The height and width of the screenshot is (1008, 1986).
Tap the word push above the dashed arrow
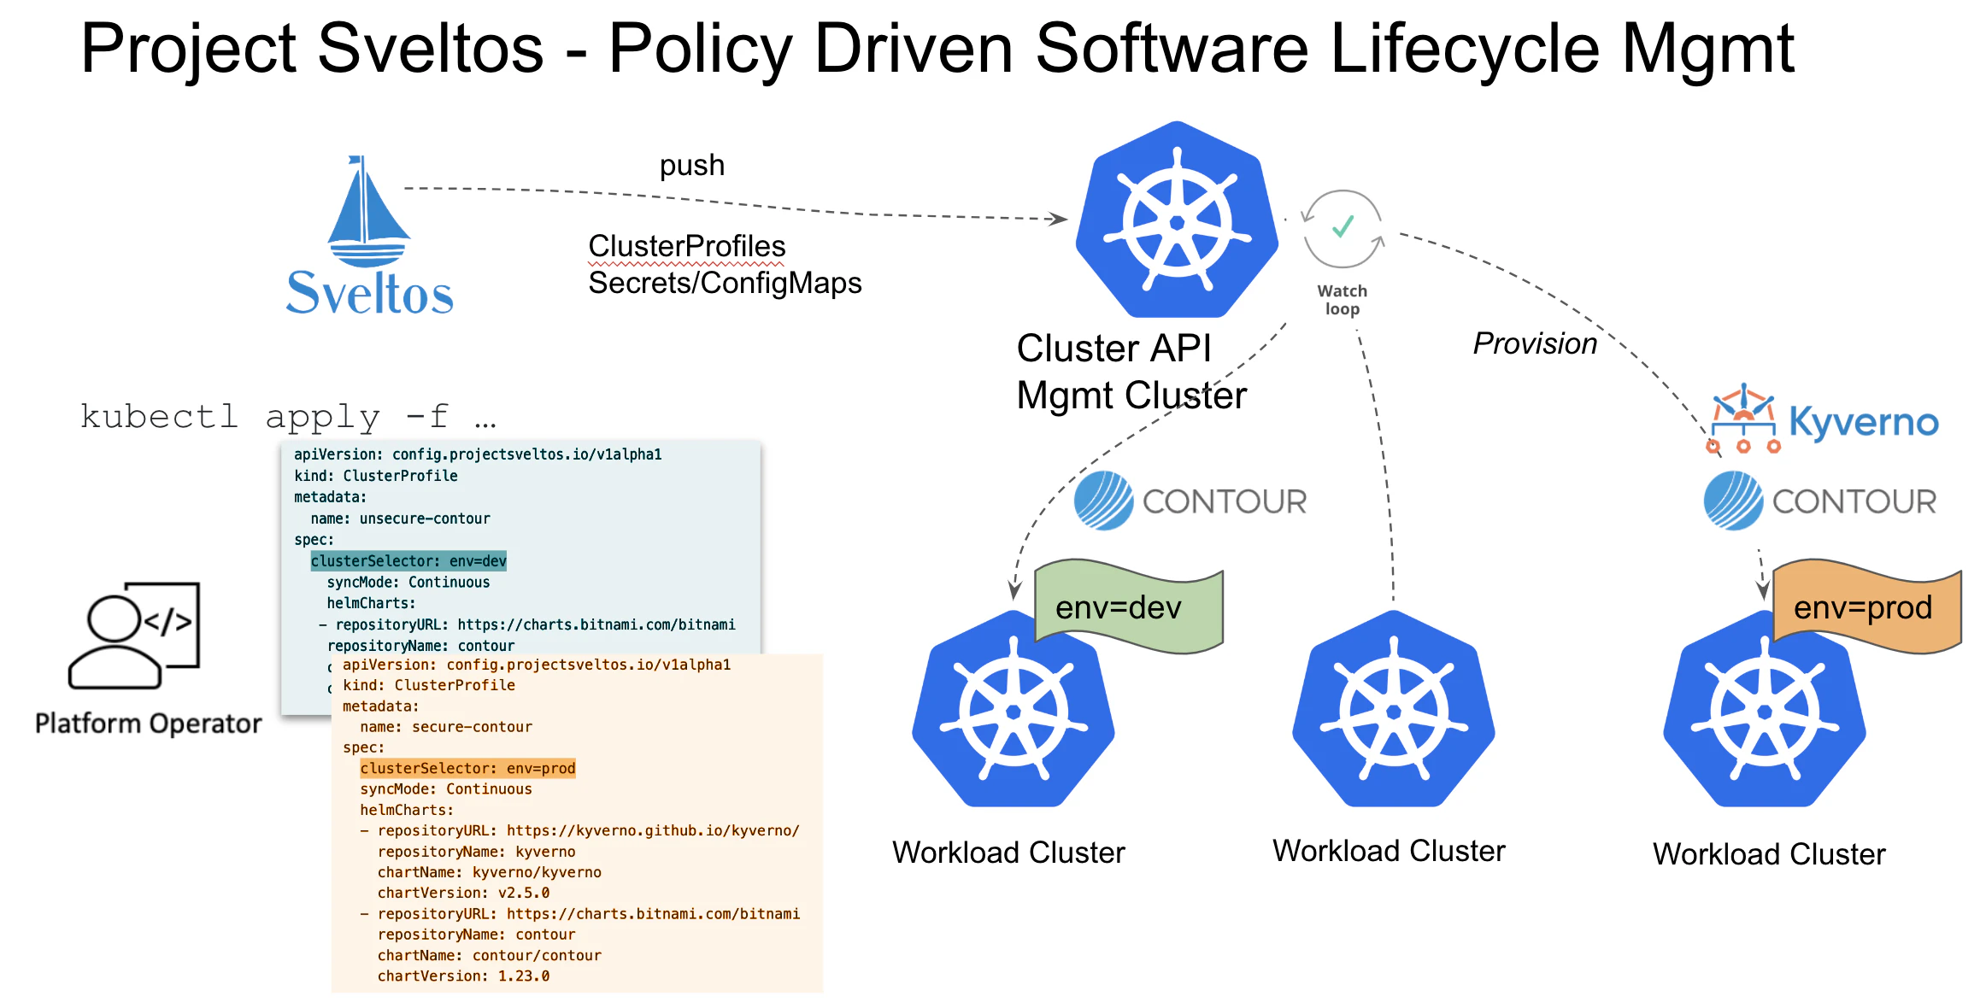click(691, 165)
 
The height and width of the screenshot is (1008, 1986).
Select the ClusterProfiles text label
click(686, 246)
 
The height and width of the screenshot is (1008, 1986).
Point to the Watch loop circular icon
click(1342, 229)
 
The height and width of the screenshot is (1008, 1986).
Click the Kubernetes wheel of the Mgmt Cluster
click(1177, 220)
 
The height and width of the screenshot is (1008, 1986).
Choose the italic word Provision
click(1535, 343)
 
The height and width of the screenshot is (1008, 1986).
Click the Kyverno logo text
click(1863, 422)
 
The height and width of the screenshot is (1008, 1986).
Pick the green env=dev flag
click(1128, 607)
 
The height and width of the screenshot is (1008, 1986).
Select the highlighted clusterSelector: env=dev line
click(408, 561)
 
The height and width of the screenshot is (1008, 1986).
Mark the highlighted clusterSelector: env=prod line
click(467, 769)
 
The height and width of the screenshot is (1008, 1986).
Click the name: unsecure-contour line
click(400, 519)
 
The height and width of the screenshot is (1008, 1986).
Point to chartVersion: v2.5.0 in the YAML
click(463, 893)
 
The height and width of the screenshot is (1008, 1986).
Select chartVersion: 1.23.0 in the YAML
click(463, 976)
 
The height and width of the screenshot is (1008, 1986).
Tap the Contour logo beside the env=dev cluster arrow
click(1190, 501)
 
